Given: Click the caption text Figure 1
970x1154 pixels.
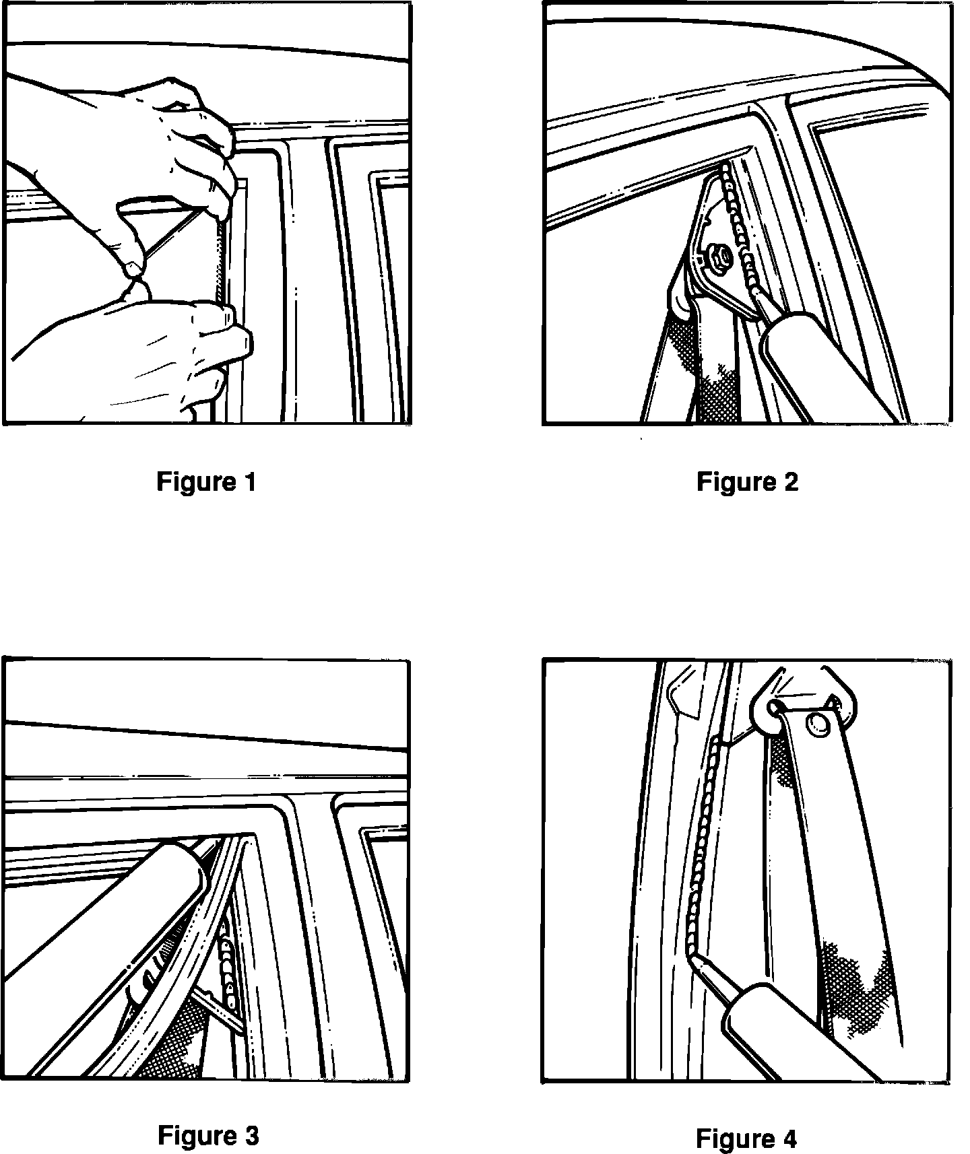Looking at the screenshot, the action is [x=207, y=482].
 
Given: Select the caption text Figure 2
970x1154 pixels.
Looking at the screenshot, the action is [x=747, y=482].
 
